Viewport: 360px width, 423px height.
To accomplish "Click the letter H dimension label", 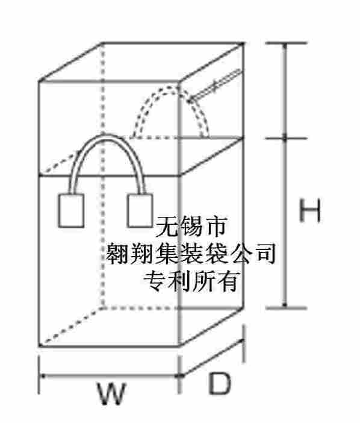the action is coord(310,210).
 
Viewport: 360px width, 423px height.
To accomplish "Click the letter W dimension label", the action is coord(111,393).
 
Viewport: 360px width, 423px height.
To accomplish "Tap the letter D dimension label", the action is coord(220,383).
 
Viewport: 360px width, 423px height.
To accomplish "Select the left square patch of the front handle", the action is coord(71,211).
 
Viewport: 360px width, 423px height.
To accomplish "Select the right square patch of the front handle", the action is coord(140,211).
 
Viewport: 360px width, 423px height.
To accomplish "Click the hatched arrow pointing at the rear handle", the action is coord(215,85).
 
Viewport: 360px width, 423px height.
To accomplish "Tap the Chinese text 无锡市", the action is coord(191,227).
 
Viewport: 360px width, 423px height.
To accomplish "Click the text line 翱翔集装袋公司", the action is coord(191,253).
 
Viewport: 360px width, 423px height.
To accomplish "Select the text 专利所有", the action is coord(191,281).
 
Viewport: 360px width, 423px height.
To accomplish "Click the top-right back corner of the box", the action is coord(243,43).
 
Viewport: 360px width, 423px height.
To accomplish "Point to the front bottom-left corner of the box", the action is coord(39,346).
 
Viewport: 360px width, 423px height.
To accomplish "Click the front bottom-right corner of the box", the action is coord(179,346).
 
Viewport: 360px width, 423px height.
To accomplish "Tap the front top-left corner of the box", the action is coord(39,81).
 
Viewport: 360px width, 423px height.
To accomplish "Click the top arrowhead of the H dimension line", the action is coord(285,46).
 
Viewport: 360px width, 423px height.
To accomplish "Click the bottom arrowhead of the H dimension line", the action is coord(285,304).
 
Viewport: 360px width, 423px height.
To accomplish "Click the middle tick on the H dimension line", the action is coord(285,139).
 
